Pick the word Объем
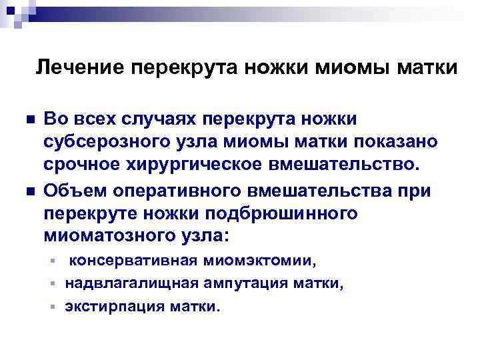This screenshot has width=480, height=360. [x=71, y=191]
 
